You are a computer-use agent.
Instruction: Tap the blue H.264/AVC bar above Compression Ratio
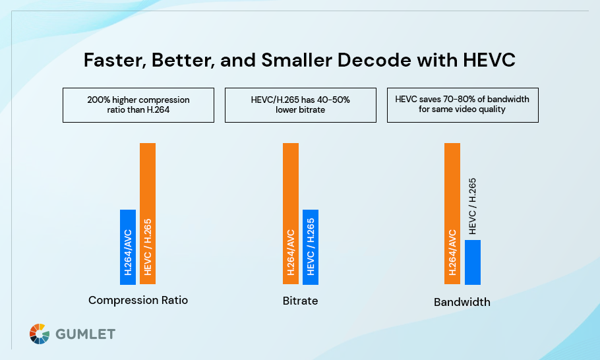click(128, 247)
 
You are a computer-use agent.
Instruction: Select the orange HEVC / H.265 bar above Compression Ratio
click(148, 214)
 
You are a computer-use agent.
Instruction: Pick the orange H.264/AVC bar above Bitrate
click(291, 214)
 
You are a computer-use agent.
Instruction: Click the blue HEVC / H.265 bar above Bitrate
click(311, 247)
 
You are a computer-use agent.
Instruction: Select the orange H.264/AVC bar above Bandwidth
click(452, 214)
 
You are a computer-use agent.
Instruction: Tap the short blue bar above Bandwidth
click(473, 262)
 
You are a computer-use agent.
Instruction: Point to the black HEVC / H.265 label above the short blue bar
click(472, 206)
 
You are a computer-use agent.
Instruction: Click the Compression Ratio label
click(138, 301)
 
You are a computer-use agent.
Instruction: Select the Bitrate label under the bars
click(300, 301)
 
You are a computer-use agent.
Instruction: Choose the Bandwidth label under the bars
click(462, 303)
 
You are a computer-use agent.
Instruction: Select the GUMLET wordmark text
click(85, 334)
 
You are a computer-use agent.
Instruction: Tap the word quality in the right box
click(491, 109)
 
